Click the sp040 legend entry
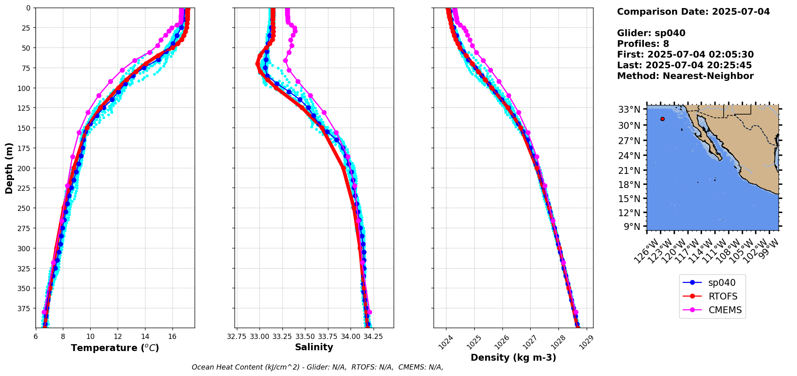[721, 283]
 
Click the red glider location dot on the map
[662, 119]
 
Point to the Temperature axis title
[115, 348]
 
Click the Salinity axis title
[314, 347]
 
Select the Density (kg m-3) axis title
[513, 357]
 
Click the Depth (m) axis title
[9, 168]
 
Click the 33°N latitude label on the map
[629, 109]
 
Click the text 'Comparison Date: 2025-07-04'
[693, 12]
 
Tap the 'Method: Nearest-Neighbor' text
[685, 76]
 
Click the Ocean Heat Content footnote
[317, 367]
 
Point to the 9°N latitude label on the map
[632, 227]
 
